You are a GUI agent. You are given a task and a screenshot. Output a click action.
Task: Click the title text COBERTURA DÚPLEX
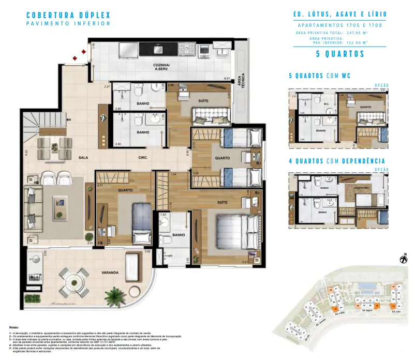(68, 16)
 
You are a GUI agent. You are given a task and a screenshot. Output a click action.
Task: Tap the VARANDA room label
(110, 272)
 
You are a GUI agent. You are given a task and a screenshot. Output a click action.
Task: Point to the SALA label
(82, 157)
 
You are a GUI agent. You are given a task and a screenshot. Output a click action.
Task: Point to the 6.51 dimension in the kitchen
(226, 78)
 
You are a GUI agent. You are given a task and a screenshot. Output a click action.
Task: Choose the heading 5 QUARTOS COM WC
(319, 76)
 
